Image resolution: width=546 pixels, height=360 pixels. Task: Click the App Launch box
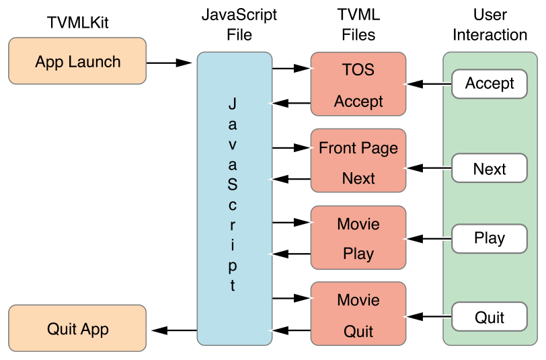[x=77, y=61]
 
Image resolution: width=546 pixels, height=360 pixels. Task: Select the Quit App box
[x=77, y=329]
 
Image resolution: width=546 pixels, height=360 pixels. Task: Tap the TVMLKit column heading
[x=77, y=24]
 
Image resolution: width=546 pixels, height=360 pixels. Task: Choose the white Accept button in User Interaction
[x=489, y=83]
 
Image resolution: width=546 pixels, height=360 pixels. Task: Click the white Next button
[x=489, y=169]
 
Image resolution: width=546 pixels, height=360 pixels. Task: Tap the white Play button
[x=489, y=238]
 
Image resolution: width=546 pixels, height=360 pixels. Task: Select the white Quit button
[x=489, y=317]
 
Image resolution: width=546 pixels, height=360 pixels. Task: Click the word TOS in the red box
[x=358, y=70]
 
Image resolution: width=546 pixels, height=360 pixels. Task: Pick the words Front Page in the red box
[x=358, y=148]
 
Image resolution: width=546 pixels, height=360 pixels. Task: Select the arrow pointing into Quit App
[x=174, y=330]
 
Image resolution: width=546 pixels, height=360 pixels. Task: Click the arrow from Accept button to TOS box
[x=428, y=84]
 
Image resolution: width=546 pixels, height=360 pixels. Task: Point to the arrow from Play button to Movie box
[x=428, y=239]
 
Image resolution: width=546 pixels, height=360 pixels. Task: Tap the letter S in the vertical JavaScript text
[x=232, y=184]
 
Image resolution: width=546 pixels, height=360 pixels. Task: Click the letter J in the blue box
[x=232, y=104]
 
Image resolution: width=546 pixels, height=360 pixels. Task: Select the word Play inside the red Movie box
[x=358, y=254]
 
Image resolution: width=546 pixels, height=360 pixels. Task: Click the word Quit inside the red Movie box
[x=358, y=332]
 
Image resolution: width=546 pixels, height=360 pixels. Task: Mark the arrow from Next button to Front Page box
[x=428, y=168]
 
